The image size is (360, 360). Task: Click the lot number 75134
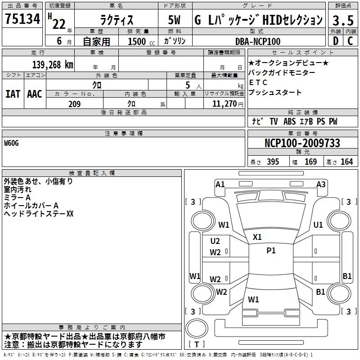(22, 18)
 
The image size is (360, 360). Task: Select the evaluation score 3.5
(343, 20)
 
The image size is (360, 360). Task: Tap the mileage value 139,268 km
(53, 65)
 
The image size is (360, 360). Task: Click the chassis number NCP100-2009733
(302, 143)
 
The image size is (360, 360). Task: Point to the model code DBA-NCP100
(258, 41)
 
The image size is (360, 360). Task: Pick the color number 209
(74, 104)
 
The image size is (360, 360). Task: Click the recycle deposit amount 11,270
(224, 104)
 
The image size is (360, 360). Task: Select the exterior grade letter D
(336, 41)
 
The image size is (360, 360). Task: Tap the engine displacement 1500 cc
(141, 41)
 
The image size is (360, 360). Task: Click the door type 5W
(174, 20)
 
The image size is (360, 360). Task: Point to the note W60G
(11, 143)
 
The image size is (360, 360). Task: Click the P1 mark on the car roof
(271, 251)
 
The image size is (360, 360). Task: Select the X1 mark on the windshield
(257, 237)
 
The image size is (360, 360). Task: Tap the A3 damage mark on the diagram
(321, 184)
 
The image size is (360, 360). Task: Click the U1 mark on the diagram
(318, 225)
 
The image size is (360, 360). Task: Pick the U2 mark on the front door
(215, 241)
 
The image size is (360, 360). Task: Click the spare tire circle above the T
(197, 328)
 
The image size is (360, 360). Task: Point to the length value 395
(273, 162)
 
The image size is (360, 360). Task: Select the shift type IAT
(13, 94)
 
